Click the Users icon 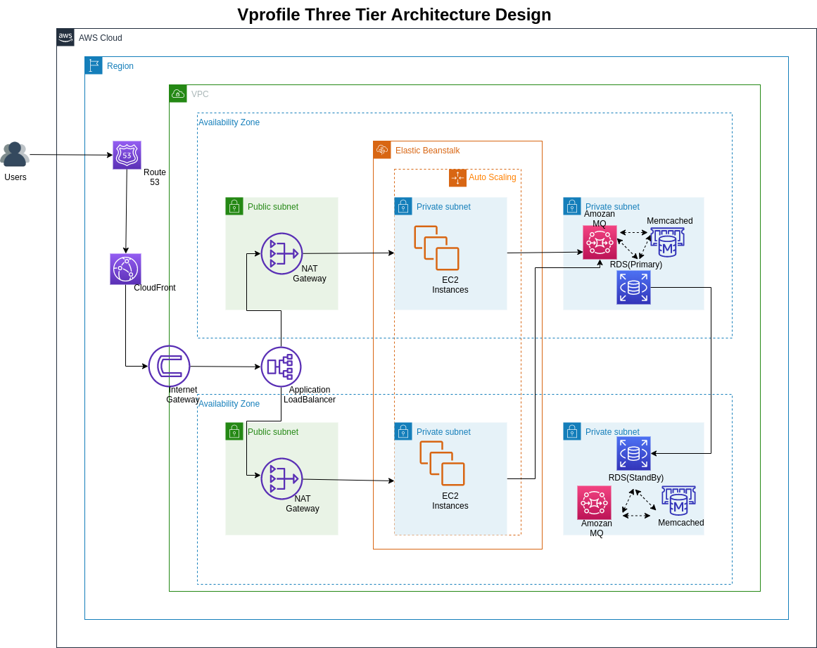pyautogui.click(x=15, y=154)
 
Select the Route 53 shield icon pyautogui.click(x=127, y=155)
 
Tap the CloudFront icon pyautogui.click(x=125, y=269)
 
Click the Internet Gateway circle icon pyautogui.click(x=169, y=366)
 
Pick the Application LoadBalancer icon pyautogui.click(x=281, y=367)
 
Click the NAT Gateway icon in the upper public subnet pyautogui.click(x=281, y=253)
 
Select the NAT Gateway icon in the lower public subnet pyautogui.click(x=281, y=478)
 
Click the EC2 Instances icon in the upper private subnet pyautogui.click(x=436, y=248)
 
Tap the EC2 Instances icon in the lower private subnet pyautogui.click(x=442, y=463)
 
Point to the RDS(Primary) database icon pyautogui.click(x=633, y=287)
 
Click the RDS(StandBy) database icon pyautogui.click(x=633, y=453)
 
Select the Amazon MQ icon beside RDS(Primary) pyautogui.click(x=600, y=242)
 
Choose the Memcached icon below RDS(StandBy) pyautogui.click(x=678, y=501)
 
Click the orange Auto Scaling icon pyautogui.click(x=457, y=178)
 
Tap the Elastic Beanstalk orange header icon pyautogui.click(x=382, y=150)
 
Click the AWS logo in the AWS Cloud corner pyautogui.click(x=65, y=37)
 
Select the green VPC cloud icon pyautogui.click(x=178, y=94)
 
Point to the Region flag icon pyautogui.click(x=94, y=65)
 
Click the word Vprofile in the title pyautogui.click(x=268, y=15)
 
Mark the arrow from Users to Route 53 pyautogui.click(x=70, y=155)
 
